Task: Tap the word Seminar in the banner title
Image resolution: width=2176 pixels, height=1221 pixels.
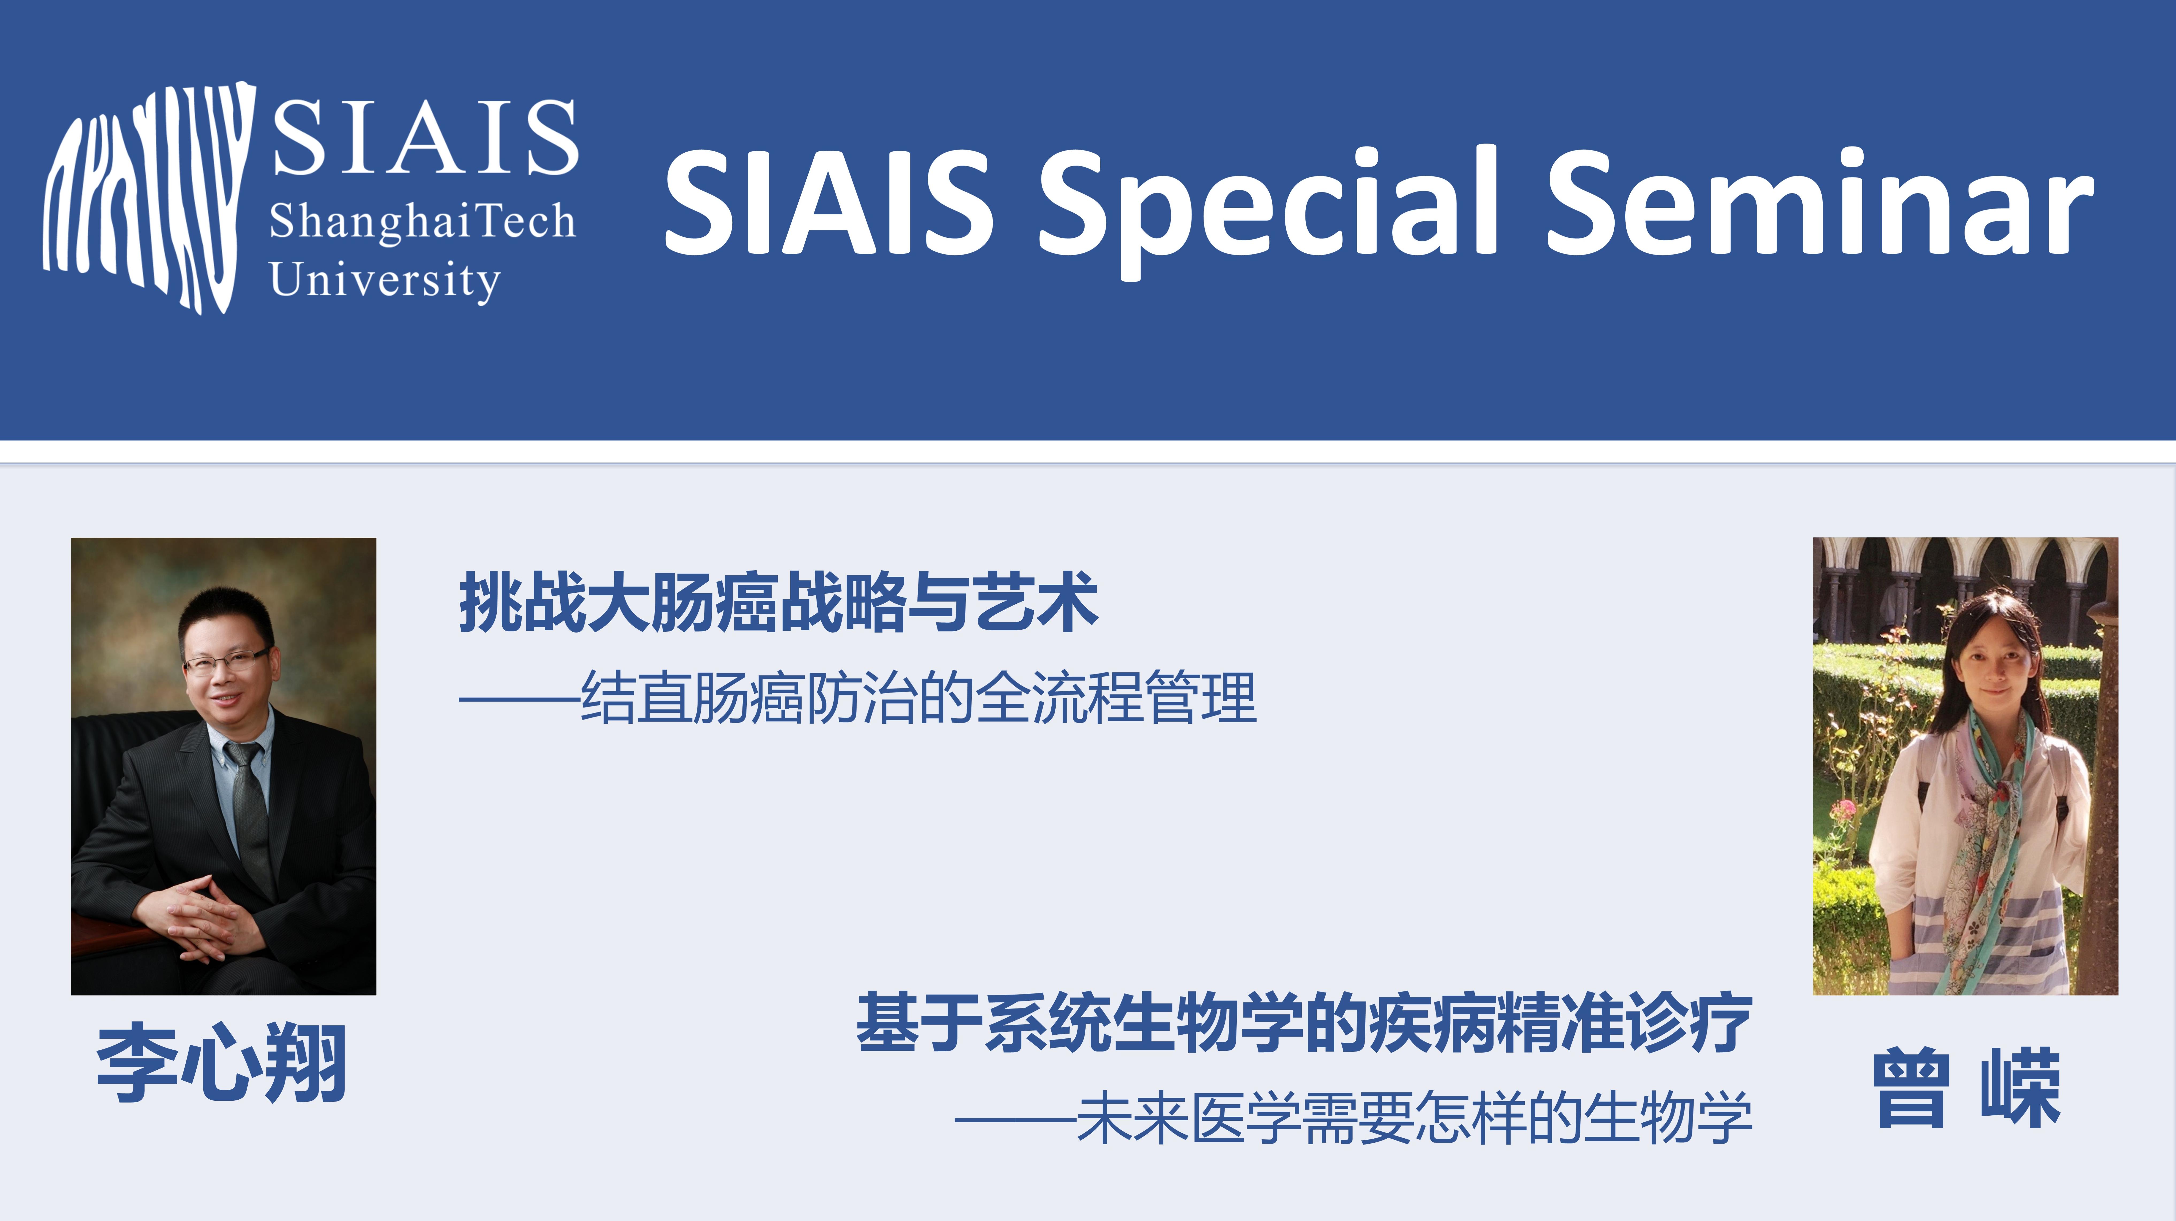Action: click(1820, 203)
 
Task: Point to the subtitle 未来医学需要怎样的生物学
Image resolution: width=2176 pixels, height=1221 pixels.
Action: click(1414, 1119)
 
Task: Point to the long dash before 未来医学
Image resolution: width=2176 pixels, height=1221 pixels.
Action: click(1015, 1120)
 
